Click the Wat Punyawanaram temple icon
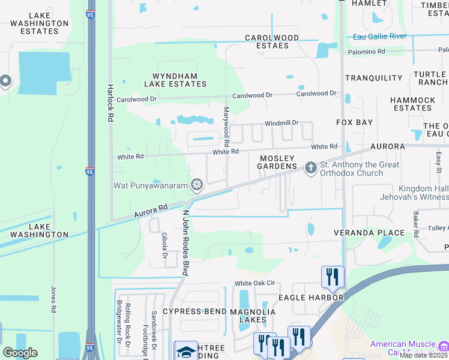(196, 184)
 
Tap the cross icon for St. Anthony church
(310, 167)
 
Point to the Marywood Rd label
(226, 127)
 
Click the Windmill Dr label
(282, 122)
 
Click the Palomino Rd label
(366, 52)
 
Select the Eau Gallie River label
(379, 37)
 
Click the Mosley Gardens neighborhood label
(278, 162)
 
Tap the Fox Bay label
(354, 122)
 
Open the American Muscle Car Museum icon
(444, 346)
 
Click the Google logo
(20, 353)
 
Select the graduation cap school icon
(186, 350)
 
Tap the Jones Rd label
(53, 299)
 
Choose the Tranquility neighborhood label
(373, 78)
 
